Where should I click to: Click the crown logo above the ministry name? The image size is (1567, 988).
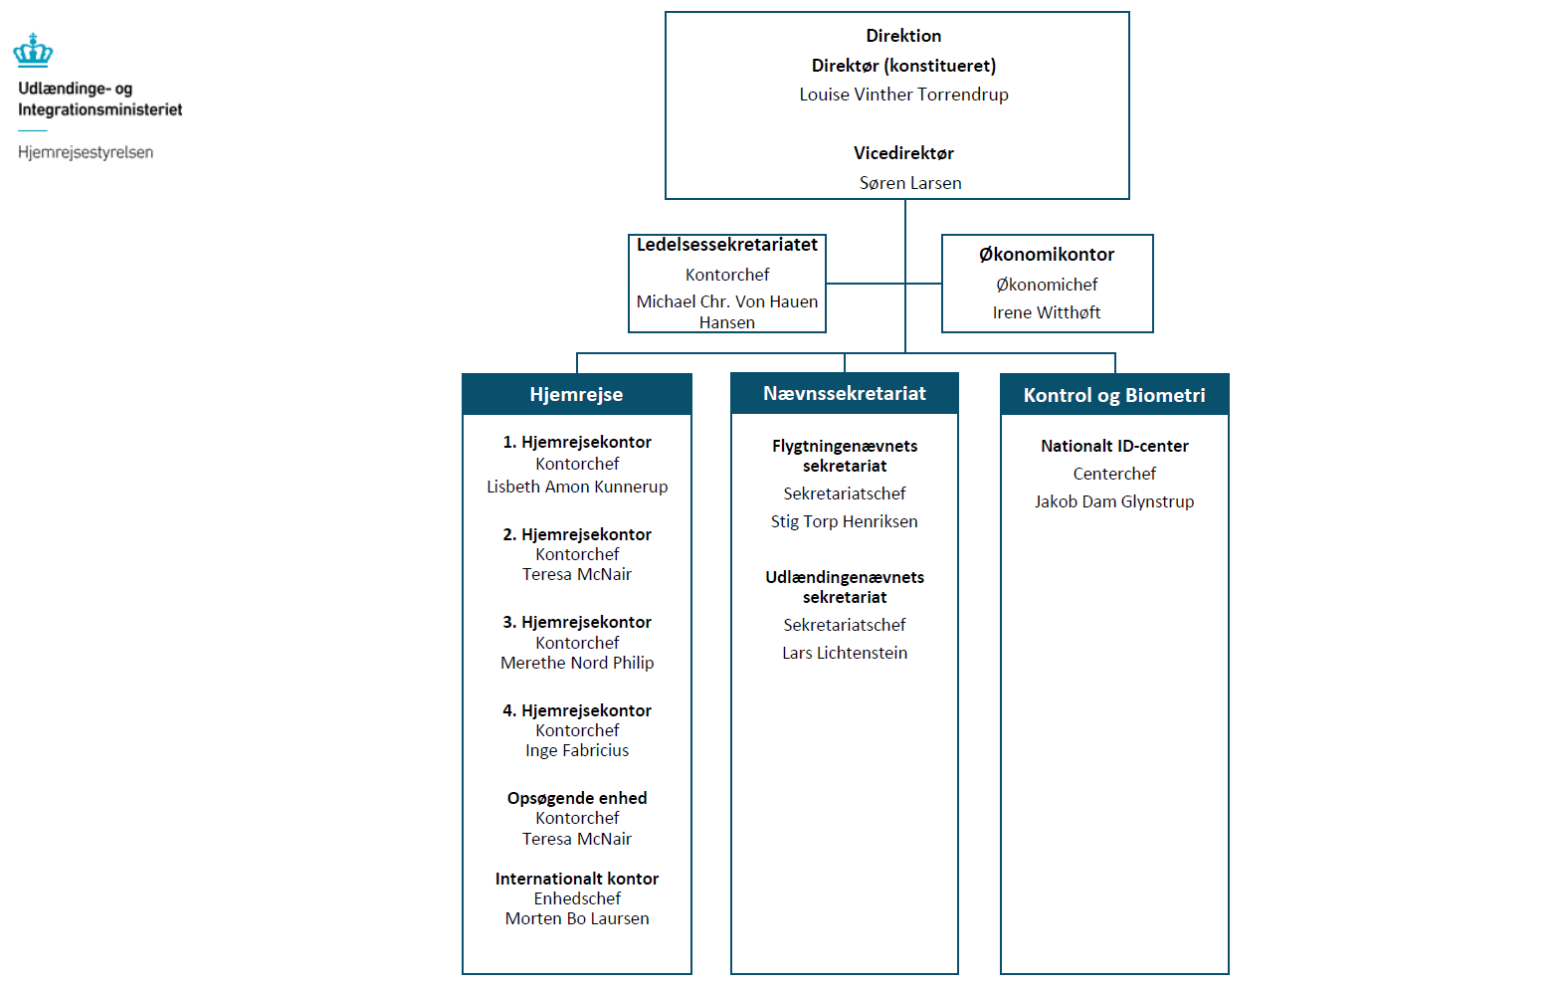33,51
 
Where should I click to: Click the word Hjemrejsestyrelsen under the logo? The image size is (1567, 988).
86,152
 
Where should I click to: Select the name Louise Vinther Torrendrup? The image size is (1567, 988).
903,95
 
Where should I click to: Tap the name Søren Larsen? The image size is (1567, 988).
910,183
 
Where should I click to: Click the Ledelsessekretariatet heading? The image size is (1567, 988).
726,245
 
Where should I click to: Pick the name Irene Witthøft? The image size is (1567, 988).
1047,312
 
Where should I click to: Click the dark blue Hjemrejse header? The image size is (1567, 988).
576,394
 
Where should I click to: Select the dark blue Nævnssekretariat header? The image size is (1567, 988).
844,393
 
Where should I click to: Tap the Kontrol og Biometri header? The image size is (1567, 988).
1114,395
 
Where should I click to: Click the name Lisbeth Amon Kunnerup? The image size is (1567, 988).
577,487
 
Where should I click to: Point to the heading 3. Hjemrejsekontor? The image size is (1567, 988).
577,622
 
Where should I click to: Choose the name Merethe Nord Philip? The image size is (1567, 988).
577,663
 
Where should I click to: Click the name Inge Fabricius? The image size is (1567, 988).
577,750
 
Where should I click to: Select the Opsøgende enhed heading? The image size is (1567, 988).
577,798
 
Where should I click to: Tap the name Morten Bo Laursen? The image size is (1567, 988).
577,918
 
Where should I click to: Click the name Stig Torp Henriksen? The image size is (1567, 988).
844,521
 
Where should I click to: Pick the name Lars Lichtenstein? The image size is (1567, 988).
844,653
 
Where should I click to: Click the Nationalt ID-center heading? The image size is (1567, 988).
1114,446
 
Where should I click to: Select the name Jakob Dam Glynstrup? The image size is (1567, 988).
1114,501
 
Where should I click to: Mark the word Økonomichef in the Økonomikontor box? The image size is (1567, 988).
1047,285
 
